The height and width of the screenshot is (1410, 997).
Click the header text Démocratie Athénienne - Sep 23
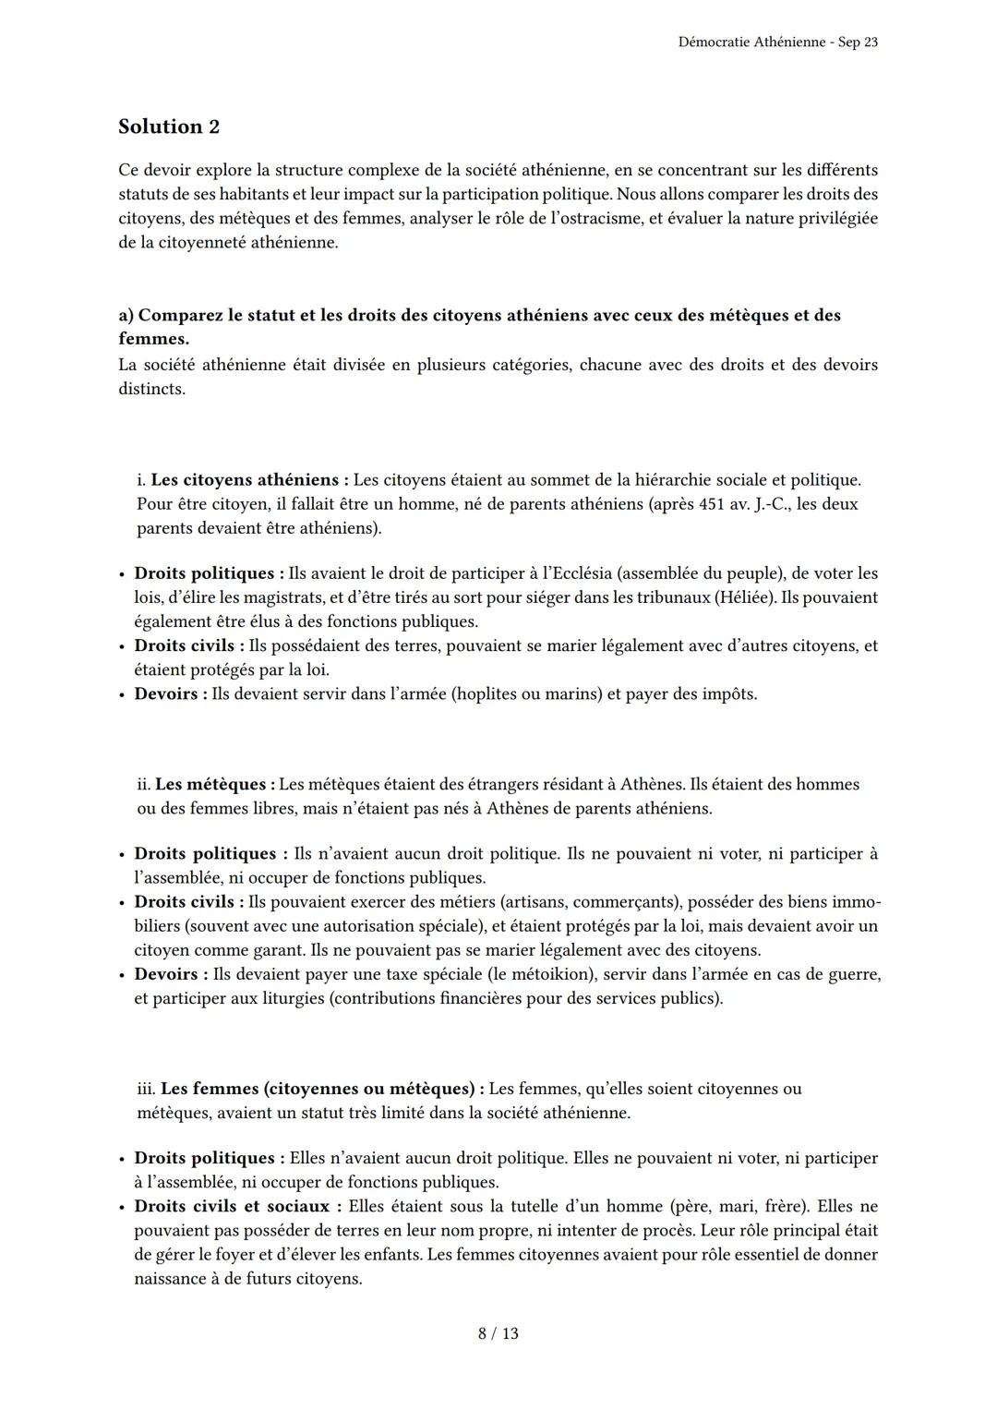pos(777,42)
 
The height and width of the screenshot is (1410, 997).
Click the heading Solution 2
pos(169,127)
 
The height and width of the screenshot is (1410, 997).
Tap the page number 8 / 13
pos(498,1333)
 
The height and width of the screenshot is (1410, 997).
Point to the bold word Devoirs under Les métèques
pos(166,974)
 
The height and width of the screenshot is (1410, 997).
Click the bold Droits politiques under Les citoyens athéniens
pos(205,573)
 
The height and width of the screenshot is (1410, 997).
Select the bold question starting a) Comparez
pos(479,315)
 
